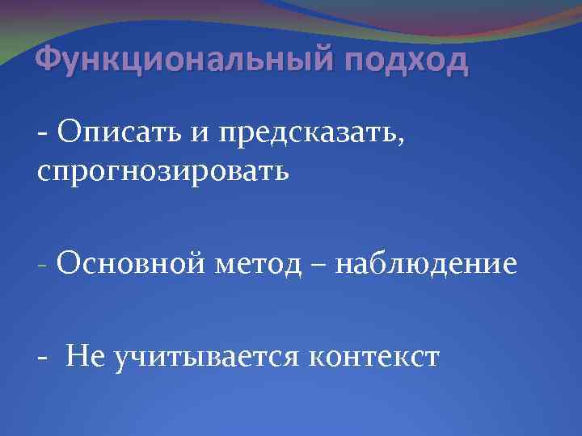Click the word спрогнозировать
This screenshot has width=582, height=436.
[x=162, y=172]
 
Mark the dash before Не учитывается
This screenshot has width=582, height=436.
[x=42, y=355]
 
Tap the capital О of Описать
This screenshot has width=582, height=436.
[x=65, y=132]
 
